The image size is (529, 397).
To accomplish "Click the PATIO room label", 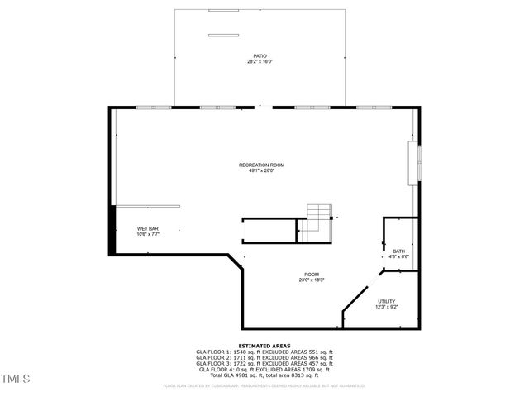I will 260,56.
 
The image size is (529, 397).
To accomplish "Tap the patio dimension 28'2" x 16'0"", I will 260,62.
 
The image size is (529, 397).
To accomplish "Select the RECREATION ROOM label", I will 262,165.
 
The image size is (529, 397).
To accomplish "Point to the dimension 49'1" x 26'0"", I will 262,171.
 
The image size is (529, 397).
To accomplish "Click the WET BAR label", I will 148,228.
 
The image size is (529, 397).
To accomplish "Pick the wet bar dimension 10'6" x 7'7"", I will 148,234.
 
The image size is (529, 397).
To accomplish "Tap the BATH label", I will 398,251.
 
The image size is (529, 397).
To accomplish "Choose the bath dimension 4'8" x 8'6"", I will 398,257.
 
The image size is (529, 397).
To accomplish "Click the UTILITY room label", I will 387,301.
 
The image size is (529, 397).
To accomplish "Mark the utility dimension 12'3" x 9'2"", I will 387,307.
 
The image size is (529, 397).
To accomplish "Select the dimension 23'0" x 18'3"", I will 312,280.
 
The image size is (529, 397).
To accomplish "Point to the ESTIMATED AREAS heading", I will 264,345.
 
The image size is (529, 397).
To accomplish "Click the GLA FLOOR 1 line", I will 264,352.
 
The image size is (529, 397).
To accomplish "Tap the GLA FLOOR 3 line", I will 264,363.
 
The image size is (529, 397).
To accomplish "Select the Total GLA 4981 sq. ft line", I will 264,375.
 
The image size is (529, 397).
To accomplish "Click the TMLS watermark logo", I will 16,379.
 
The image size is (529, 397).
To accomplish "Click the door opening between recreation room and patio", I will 264,106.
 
